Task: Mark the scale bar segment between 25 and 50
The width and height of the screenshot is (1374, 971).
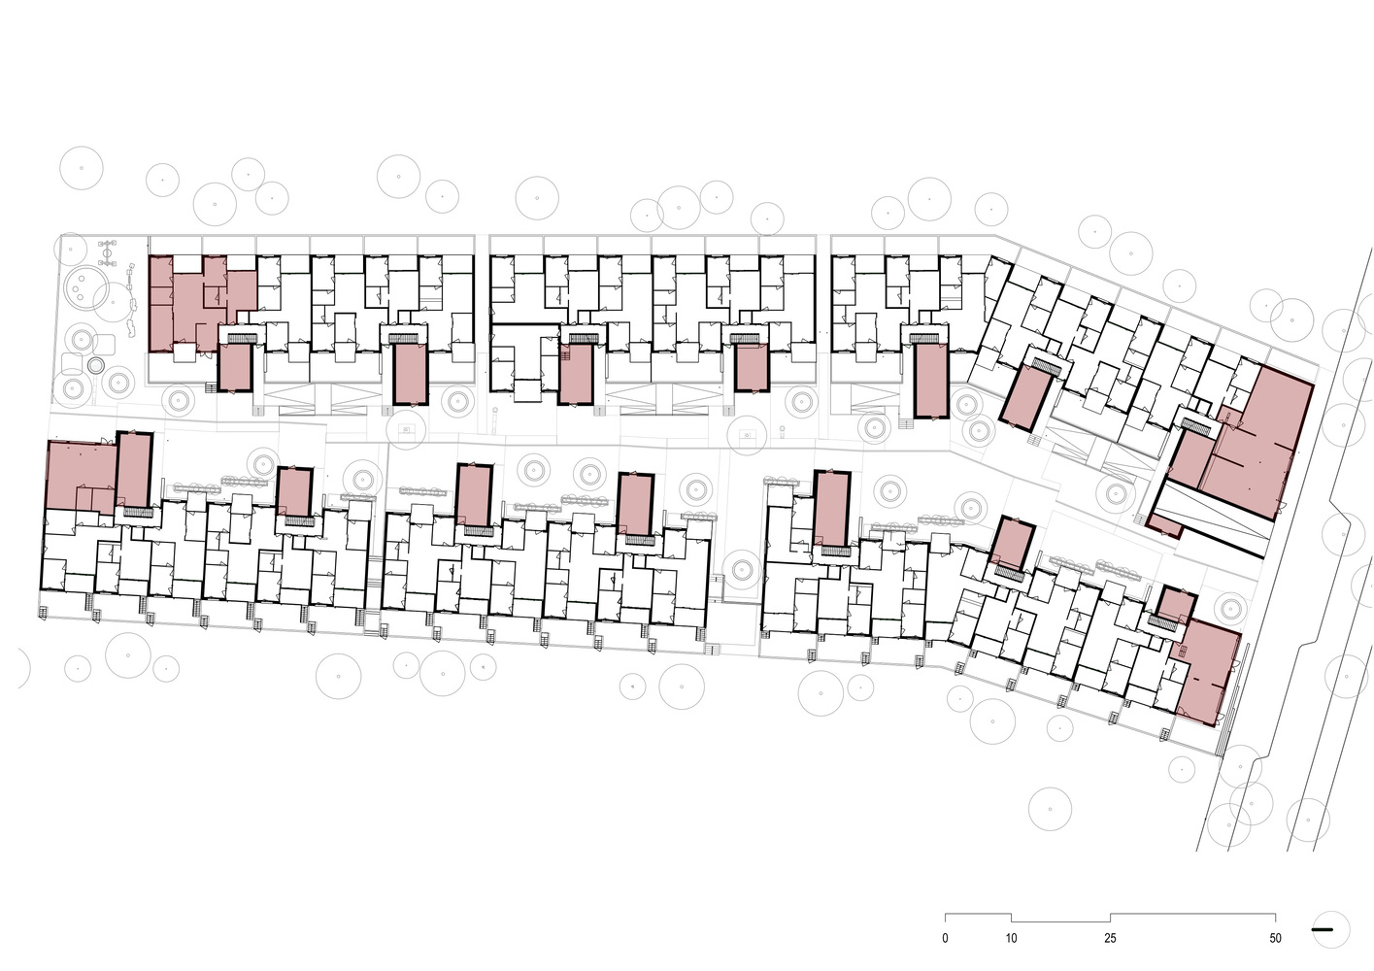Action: (x=1193, y=931)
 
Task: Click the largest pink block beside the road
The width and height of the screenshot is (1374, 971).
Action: (x=1257, y=448)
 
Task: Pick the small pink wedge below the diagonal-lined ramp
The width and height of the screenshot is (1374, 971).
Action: (x=1163, y=524)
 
